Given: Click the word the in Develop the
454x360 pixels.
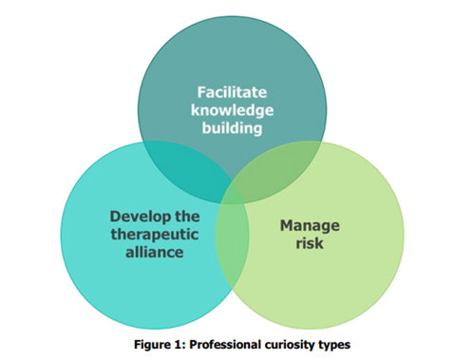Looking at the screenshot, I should tap(188, 216).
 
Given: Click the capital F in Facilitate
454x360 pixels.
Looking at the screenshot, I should tap(201, 93).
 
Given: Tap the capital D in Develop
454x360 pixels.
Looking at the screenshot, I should tap(114, 216).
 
